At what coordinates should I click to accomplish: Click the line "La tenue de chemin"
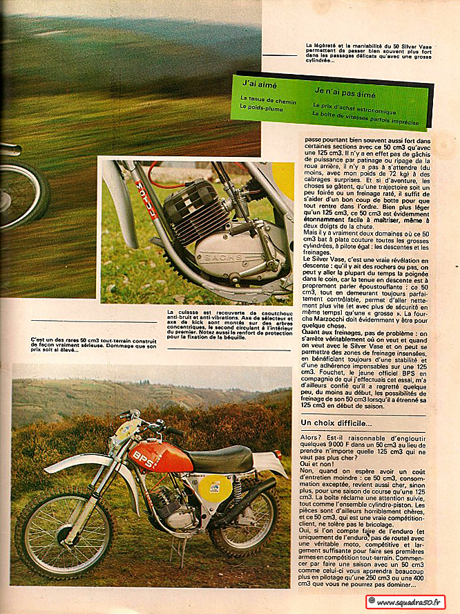[x=268, y=102]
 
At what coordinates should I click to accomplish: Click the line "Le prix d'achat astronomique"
[x=354, y=111]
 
